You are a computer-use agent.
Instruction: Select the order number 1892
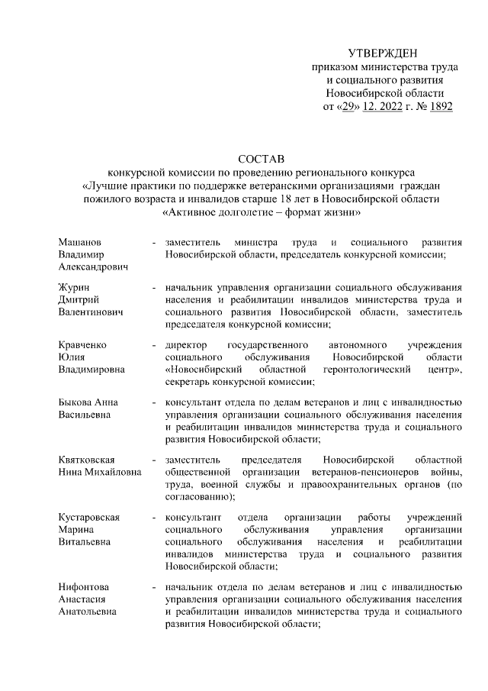[441, 107]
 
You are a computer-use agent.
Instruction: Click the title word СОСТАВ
[261, 159]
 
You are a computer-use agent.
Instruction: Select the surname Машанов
[80, 241]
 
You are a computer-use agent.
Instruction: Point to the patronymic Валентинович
[91, 312]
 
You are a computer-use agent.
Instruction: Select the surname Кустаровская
[89, 517]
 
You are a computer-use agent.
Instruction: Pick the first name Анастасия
[82, 600]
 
